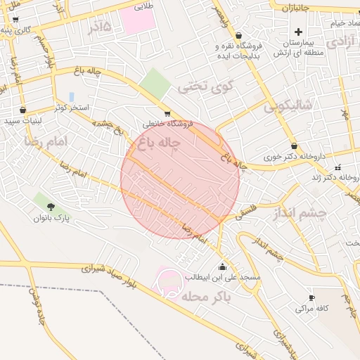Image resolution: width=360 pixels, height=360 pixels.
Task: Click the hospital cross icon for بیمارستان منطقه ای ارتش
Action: pos(299,32)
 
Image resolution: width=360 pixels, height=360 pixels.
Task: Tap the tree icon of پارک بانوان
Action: pos(51,206)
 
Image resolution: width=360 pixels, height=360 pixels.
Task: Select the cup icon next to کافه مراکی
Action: pos(310,297)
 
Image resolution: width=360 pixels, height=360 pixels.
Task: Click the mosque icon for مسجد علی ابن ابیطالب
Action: pos(223,266)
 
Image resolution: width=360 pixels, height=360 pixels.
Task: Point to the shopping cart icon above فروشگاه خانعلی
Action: pos(167,113)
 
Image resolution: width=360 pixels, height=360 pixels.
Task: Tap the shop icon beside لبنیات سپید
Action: pos(23,110)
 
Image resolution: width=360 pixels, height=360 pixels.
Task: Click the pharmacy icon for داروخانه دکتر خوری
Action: pos(294,146)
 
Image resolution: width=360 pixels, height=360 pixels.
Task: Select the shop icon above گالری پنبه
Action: pos(15,19)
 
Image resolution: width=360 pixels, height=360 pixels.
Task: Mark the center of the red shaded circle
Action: pos(180,179)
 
